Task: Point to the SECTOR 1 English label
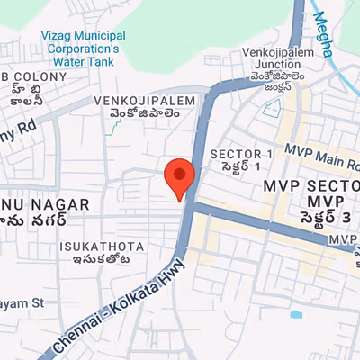tap(240, 154)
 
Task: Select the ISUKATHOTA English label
tap(94, 245)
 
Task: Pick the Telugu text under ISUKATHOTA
tap(94, 260)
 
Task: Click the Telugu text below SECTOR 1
tap(235, 168)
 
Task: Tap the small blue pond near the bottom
tap(296, 315)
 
